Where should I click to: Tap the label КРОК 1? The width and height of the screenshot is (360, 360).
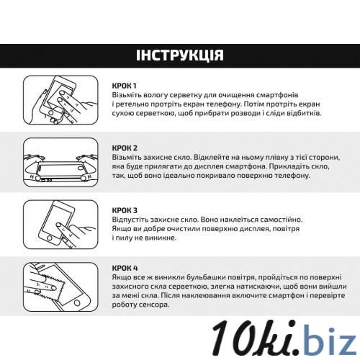tap(124, 86)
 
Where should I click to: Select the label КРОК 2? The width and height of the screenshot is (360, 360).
tap(125, 148)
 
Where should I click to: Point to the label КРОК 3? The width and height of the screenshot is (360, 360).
tap(125, 210)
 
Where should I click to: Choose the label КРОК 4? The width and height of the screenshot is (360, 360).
tap(125, 268)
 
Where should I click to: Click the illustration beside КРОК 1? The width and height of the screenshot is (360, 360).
tap(60, 100)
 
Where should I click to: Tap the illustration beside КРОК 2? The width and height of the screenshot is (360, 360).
tap(60, 162)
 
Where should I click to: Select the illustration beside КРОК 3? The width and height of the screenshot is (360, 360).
tap(60, 225)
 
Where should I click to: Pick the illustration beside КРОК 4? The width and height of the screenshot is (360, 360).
tap(60, 287)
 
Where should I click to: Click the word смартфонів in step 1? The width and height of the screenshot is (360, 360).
tap(277, 95)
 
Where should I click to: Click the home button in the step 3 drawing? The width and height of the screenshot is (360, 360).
tap(50, 238)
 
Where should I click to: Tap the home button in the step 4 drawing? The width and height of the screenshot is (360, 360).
tap(77, 302)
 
